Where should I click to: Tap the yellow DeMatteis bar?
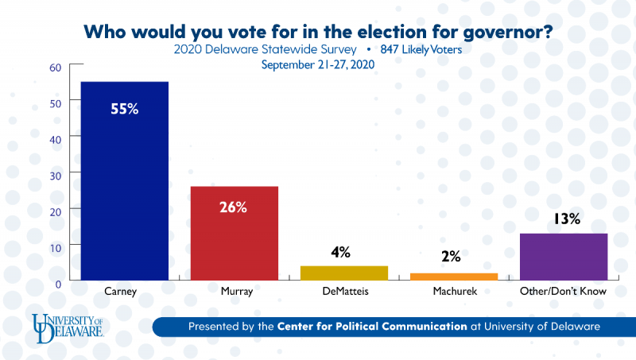(343, 273)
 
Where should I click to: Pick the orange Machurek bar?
(454, 276)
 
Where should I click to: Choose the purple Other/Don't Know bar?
(563, 256)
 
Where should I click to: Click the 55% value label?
(124, 109)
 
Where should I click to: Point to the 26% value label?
(234, 207)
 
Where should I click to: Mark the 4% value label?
(341, 253)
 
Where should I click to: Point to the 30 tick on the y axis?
(55, 172)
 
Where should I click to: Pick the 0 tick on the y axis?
(58, 281)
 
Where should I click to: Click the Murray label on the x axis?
(234, 292)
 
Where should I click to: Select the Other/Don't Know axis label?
(563, 292)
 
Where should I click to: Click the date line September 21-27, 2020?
(318, 64)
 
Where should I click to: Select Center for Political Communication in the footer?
(372, 326)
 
